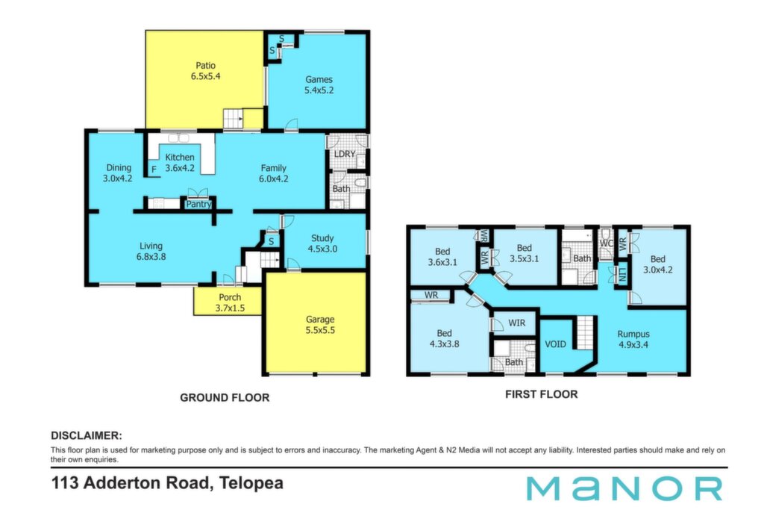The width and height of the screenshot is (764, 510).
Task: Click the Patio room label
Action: (206, 65)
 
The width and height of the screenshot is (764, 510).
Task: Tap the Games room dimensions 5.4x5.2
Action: (319, 90)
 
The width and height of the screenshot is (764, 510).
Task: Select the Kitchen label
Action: (180, 158)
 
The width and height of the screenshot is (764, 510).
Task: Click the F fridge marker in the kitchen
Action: (154, 170)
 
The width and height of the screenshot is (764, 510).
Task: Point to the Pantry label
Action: (198, 205)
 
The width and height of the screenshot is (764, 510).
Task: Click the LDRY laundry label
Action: (345, 154)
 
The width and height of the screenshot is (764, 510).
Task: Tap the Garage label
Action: (320, 320)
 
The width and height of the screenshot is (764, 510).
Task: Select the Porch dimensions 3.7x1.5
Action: (230, 308)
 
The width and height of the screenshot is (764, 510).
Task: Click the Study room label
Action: (322, 238)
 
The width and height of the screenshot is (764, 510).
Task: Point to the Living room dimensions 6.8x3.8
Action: (151, 256)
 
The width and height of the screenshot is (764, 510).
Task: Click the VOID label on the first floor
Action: (555, 344)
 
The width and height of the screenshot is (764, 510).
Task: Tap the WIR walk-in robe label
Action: (516, 323)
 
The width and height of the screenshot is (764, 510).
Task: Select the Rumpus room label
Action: (633, 334)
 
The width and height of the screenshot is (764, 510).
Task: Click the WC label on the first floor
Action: (606, 243)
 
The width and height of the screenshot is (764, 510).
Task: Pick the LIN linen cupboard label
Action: (622, 275)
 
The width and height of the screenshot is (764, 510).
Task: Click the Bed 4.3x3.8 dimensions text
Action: (445, 343)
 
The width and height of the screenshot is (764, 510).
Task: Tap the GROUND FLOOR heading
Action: (225, 398)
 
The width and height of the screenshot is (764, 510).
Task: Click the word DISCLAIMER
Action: (87, 435)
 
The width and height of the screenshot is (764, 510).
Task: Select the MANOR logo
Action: (624, 488)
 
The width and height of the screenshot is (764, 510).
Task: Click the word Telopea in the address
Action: (251, 483)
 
